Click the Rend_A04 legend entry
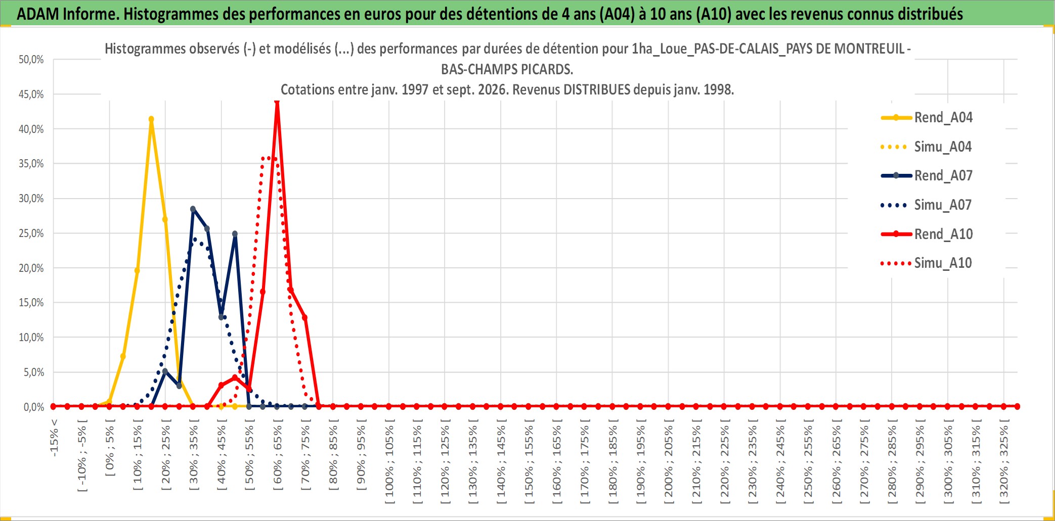pyautogui.click(x=927, y=118)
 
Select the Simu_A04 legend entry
pyautogui.click(x=927, y=147)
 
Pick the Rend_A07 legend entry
pyautogui.click(x=927, y=176)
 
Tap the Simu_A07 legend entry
pyautogui.click(x=927, y=205)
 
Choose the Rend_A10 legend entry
pyautogui.click(x=927, y=234)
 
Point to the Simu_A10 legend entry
pyautogui.click(x=927, y=263)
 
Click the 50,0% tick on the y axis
pyautogui.click(x=31, y=60)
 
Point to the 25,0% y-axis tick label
pyautogui.click(x=31, y=233)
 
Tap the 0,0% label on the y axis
pyautogui.click(x=34, y=407)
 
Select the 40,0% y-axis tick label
pyautogui.click(x=31, y=129)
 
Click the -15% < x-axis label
pyautogui.click(x=54, y=438)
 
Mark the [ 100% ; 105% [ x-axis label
pyautogui.click(x=389, y=461)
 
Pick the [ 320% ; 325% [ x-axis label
pyautogui.click(x=1004, y=461)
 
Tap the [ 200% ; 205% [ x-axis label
pyautogui.click(x=669, y=461)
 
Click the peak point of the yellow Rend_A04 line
pyautogui.click(x=151, y=119)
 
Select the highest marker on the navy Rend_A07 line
pyautogui.click(x=193, y=209)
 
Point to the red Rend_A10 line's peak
pyautogui.click(x=277, y=102)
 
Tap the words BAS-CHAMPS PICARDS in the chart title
pyautogui.click(x=507, y=69)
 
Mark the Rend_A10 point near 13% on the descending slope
pyautogui.click(x=305, y=317)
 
